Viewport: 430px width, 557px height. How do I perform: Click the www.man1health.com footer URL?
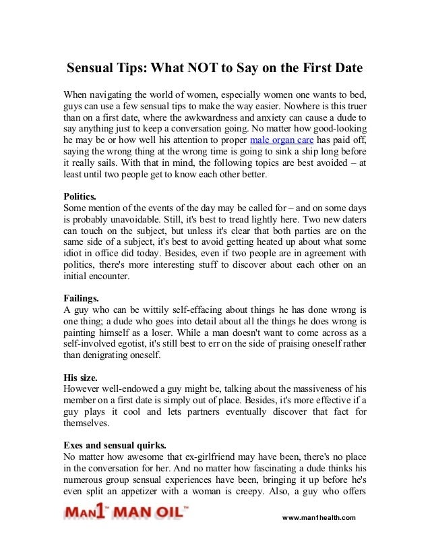coord(318,517)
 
